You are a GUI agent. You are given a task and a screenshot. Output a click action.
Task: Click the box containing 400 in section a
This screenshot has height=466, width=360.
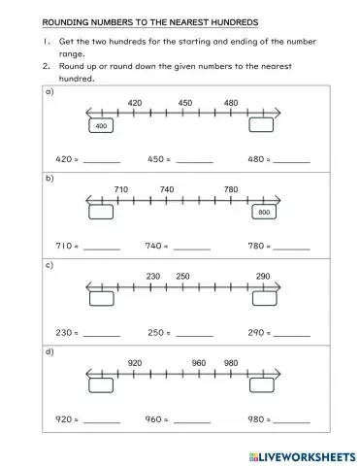tap(101, 126)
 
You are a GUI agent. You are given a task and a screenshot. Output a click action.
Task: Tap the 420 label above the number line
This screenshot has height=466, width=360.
tap(135, 102)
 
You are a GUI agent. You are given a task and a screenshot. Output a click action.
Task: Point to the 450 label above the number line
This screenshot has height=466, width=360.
tap(184, 102)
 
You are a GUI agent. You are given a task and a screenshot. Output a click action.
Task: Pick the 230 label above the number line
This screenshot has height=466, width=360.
tap(153, 277)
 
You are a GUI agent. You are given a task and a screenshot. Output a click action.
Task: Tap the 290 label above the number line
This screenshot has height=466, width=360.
tap(262, 277)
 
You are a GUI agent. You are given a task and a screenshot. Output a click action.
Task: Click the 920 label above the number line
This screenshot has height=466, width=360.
tap(135, 363)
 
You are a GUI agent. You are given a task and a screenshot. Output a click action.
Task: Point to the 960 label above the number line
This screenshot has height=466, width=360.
tap(199, 363)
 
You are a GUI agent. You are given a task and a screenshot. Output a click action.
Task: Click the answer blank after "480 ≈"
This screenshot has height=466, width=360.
tap(292, 161)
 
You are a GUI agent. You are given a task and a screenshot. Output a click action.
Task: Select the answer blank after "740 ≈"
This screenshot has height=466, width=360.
tap(192, 249)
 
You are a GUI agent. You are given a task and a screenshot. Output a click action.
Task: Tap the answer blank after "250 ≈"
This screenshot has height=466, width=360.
tap(192, 335)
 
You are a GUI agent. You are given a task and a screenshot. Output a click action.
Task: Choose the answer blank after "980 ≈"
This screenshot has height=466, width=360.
tap(292, 422)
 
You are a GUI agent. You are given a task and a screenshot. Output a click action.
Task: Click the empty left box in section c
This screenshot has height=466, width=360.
tap(101, 299)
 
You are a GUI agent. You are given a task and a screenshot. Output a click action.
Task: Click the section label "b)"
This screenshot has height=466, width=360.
tap(49, 179)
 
